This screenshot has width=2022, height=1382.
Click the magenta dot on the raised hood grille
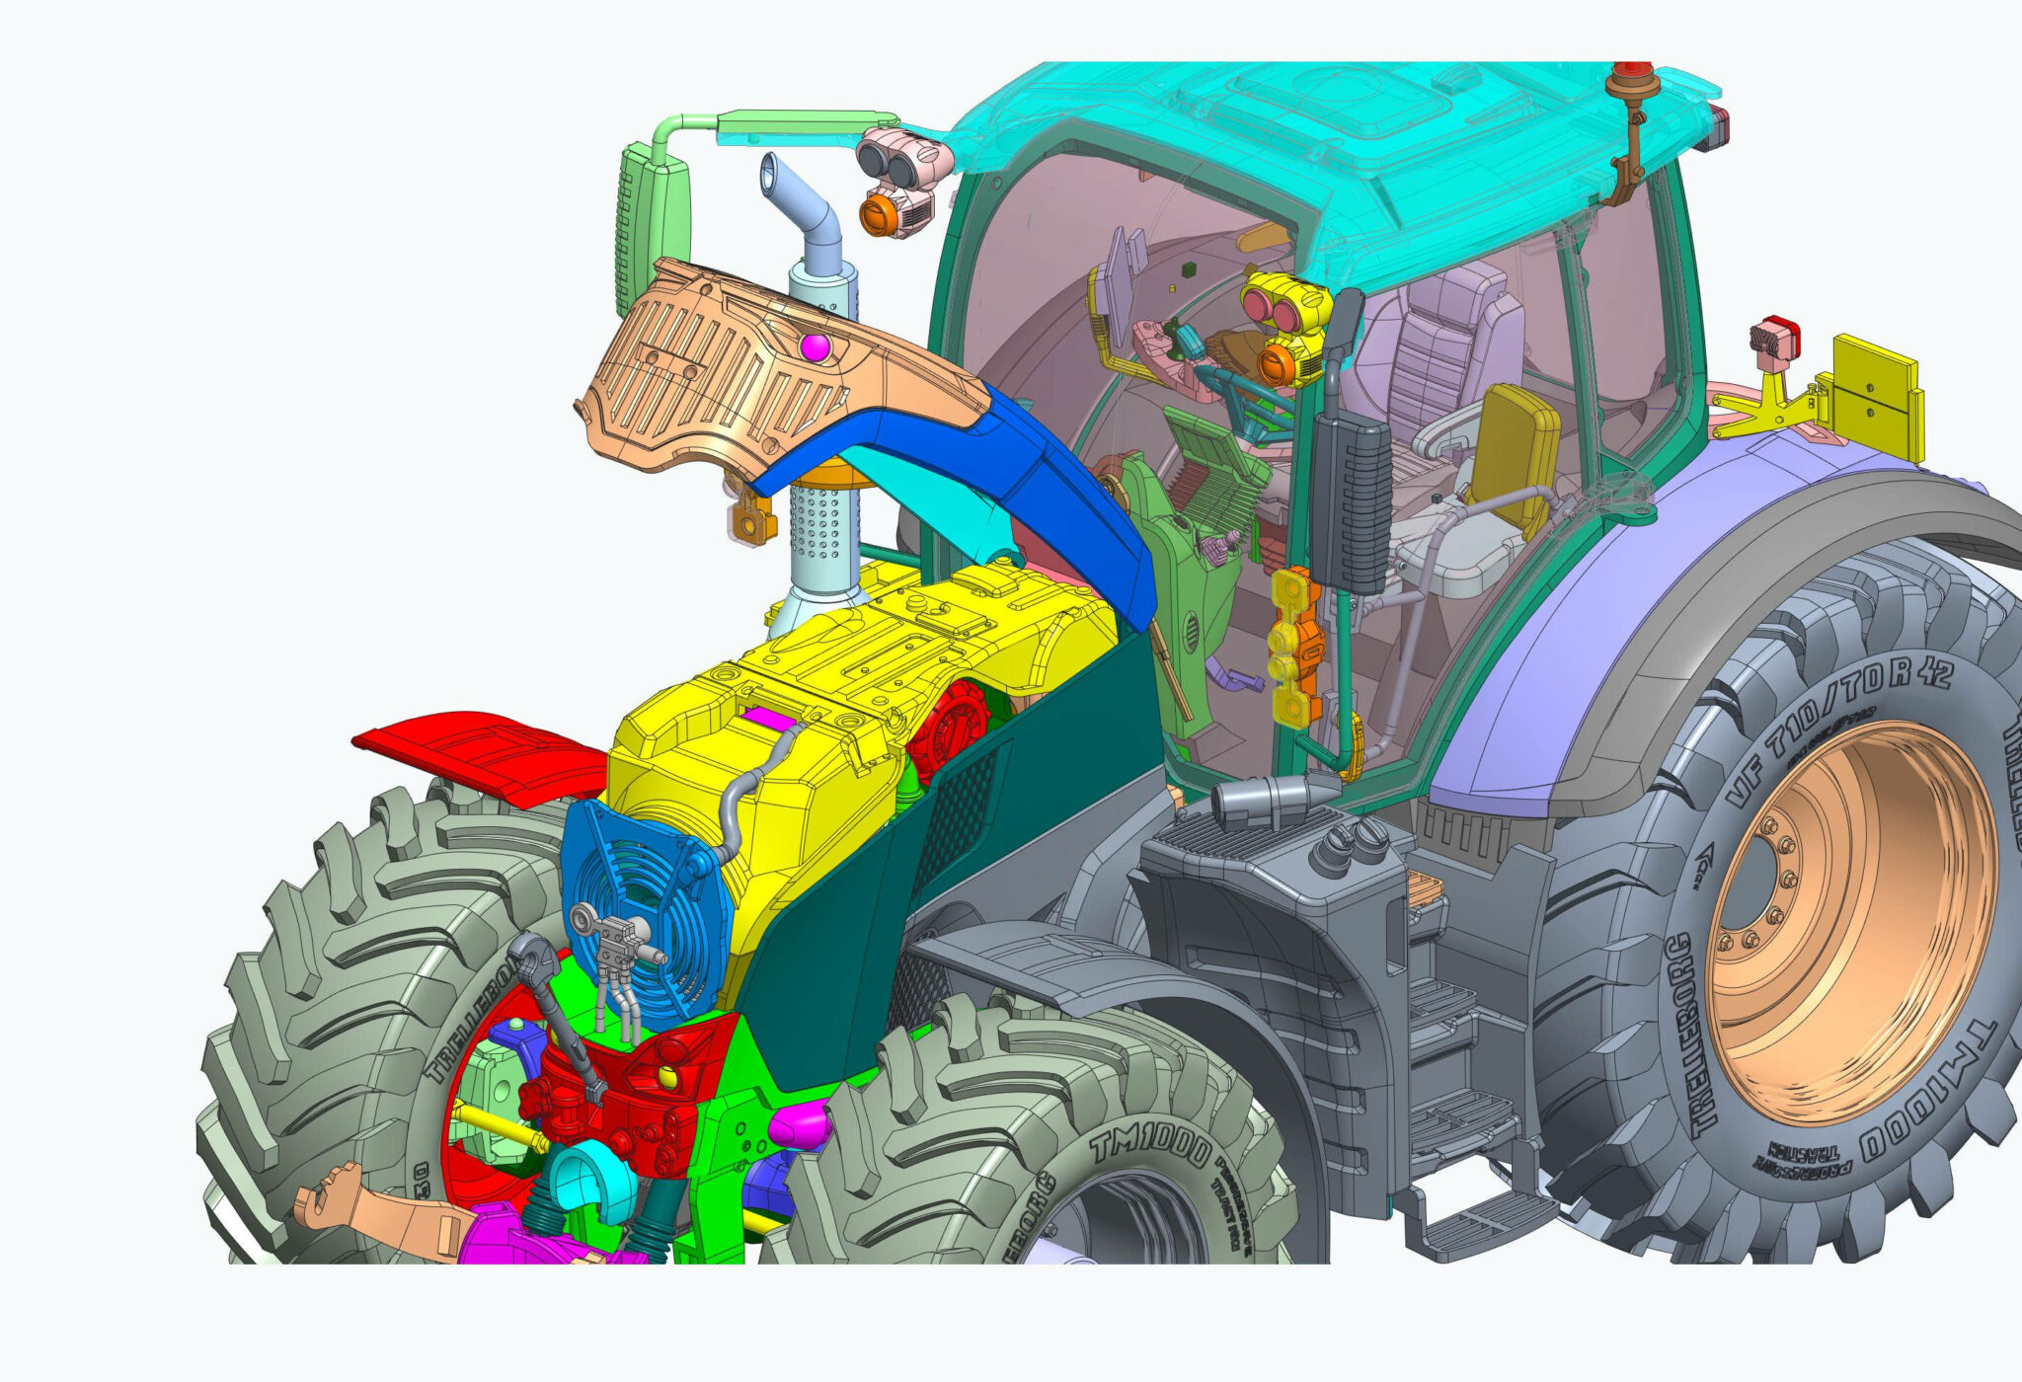point(815,346)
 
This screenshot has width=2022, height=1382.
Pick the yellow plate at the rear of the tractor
point(1876,395)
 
